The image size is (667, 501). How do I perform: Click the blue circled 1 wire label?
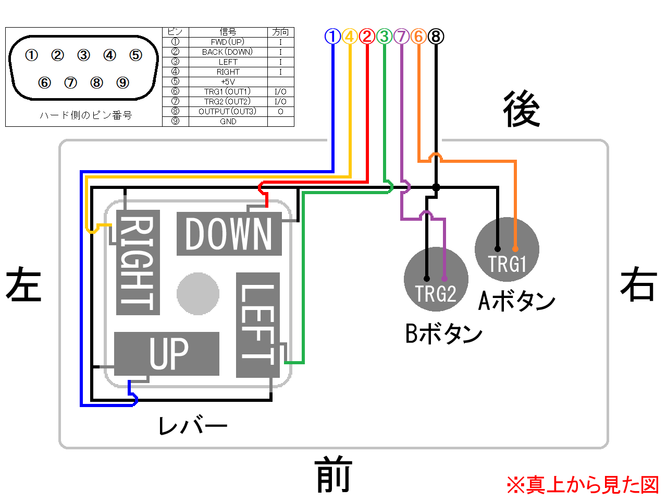332,36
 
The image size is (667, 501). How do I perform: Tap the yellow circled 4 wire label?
350,36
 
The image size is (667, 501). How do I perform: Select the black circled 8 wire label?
436,36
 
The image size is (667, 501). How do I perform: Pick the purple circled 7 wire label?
401,36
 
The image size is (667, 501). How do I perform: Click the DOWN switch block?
229,234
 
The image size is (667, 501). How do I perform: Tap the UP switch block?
167,353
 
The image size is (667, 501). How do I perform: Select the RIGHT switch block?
138,262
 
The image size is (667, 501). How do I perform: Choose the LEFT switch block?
258,325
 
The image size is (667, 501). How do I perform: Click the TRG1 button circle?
507,249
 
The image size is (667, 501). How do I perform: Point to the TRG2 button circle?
436,279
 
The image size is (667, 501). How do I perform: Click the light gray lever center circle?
198,293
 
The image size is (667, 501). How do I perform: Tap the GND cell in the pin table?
228,122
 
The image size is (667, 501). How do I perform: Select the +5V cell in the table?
228,81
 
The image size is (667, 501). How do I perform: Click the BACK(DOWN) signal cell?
228,52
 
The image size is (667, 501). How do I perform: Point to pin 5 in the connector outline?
135,55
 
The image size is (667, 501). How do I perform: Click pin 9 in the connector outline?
122,82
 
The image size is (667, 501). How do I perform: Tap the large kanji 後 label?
522,109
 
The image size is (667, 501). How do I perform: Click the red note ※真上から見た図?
582,485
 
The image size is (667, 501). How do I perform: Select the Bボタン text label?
443,333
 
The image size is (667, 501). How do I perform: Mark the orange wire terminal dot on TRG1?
515,249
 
